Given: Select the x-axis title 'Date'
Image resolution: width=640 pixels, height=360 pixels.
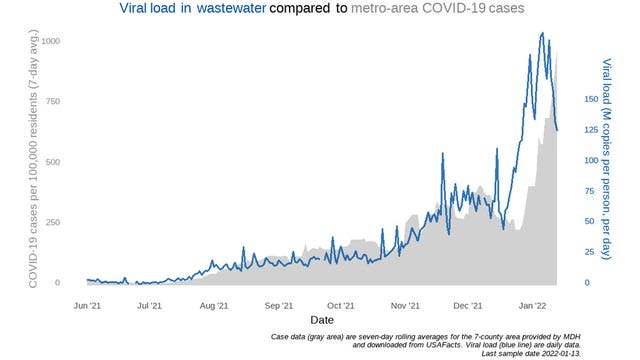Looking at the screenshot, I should (321, 320).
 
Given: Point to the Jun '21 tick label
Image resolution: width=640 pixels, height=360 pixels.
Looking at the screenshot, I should (88, 304).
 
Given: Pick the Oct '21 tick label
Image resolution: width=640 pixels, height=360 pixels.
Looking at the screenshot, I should (341, 304).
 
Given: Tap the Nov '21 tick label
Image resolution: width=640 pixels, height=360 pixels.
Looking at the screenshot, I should (405, 304).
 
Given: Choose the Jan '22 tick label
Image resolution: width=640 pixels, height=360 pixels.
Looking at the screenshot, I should (531, 304).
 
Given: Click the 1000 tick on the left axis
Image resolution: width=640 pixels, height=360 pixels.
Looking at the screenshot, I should (49, 41).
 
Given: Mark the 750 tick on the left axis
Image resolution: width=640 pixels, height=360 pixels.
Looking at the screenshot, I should (53, 101).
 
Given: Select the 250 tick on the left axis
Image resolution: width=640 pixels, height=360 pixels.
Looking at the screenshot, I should (53, 222).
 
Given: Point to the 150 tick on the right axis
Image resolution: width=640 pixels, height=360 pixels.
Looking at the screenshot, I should (591, 99).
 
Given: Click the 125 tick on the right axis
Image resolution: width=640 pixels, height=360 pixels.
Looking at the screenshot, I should (591, 130).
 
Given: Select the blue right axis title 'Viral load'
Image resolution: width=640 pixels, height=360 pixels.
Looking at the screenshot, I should (607, 160).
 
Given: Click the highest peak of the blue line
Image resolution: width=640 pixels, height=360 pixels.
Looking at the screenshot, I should (542, 33).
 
